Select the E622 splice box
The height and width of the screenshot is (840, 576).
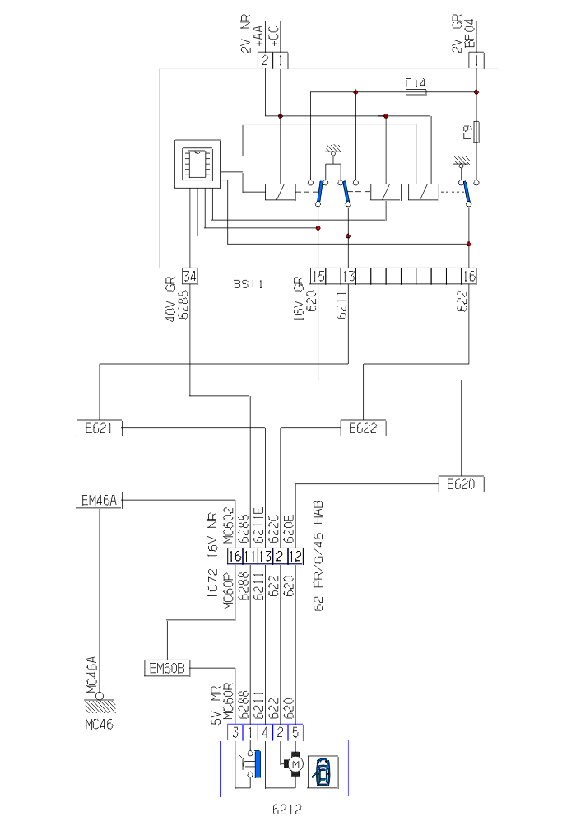(x=363, y=427)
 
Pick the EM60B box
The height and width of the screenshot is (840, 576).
(x=167, y=666)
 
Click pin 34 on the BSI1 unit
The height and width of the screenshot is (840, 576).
(x=190, y=276)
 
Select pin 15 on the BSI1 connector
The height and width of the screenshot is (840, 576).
(x=318, y=276)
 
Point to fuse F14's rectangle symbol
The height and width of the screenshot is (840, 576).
(x=416, y=92)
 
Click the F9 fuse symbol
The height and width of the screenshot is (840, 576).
(x=477, y=131)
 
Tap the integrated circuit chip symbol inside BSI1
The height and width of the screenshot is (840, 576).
(x=197, y=163)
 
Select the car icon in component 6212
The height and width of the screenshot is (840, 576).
(x=323, y=772)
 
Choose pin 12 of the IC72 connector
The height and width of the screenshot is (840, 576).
(x=295, y=557)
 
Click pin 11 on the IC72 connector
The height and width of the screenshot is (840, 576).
(x=250, y=557)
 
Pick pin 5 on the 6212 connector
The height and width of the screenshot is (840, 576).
(x=295, y=731)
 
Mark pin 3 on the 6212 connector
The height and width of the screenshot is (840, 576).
(x=235, y=731)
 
